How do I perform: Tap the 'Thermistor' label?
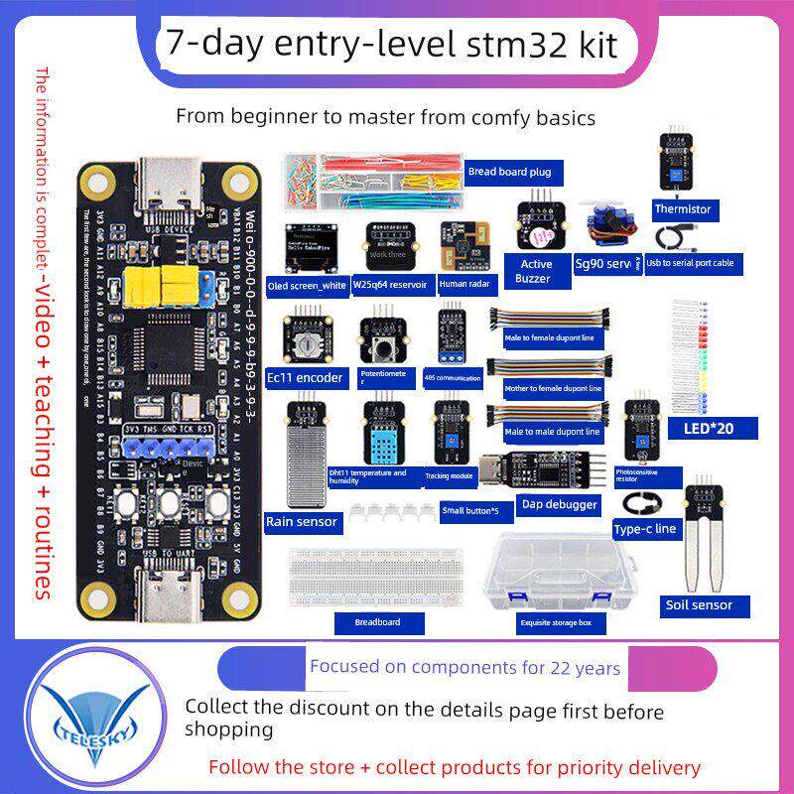[683, 209]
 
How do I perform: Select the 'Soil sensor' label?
[700, 604]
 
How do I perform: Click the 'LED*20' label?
[700, 429]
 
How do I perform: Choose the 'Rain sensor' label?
[302, 521]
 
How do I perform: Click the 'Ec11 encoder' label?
[314, 377]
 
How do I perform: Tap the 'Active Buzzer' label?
[536, 272]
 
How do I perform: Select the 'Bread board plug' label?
[509, 172]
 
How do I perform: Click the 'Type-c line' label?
[646, 529]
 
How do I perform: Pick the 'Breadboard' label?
[377, 622]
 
